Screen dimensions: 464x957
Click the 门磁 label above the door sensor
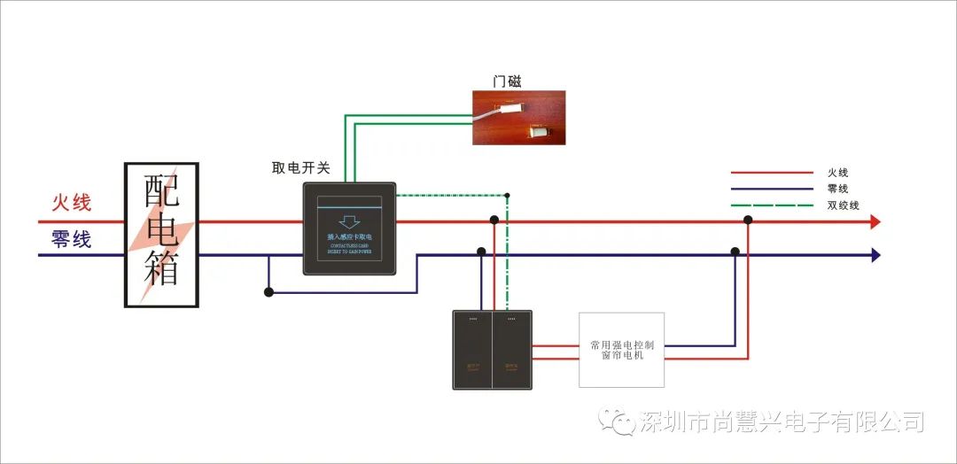508,81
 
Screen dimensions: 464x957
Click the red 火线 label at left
71,203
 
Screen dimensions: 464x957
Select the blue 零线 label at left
71,239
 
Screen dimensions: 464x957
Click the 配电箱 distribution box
161,235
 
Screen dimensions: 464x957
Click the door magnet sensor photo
517,118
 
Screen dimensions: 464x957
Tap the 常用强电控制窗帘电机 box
621,349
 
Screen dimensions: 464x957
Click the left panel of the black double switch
471,350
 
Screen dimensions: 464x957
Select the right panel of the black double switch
511,350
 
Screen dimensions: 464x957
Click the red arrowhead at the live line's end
875,221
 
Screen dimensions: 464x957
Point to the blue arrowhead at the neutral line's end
875,255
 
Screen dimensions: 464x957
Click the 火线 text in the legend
838,173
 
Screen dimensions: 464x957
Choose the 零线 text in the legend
838,189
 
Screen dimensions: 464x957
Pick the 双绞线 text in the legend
844,205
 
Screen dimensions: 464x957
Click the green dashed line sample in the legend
771,205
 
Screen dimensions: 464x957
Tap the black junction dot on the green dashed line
507,195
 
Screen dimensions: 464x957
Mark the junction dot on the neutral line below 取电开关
268,290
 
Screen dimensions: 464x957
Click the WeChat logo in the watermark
616,421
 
